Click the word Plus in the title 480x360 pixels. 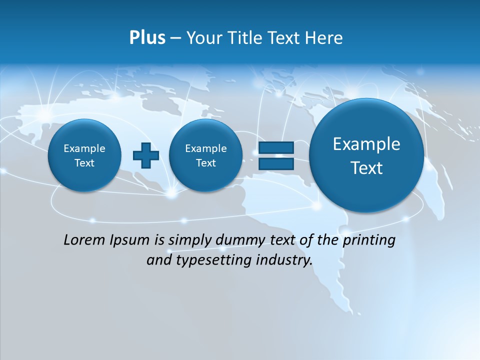tap(147, 37)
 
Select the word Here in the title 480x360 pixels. tap(324, 37)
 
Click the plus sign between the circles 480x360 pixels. tap(145, 155)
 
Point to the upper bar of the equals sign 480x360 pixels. tap(276, 147)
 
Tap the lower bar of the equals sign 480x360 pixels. tap(276, 163)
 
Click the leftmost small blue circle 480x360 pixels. tap(84, 155)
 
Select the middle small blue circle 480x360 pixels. tap(205, 155)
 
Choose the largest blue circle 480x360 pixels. tap(366, 155)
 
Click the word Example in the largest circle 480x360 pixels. tap(366, 144)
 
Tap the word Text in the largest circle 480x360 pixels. tap(366, 168)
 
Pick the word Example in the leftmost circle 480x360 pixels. tap(84, 148)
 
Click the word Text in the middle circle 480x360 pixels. tap(205, 163)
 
